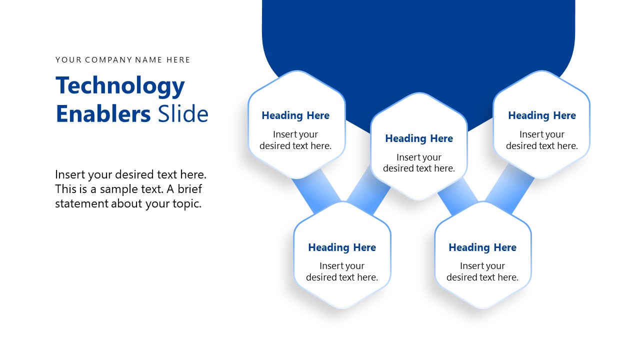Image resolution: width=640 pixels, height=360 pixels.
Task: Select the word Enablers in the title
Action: tap(103, 113)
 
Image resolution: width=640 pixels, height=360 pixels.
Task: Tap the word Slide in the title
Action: tap(183, 113)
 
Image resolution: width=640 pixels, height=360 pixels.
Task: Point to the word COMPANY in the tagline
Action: tap(108, 59)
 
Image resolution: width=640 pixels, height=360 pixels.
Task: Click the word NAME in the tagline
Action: tap(148, 59)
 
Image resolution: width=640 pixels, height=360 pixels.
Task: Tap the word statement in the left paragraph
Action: tap(81, 203)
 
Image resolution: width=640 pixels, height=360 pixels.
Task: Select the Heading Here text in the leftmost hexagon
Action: tap(295, 115)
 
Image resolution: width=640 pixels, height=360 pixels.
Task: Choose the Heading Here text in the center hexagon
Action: tap(419, 138)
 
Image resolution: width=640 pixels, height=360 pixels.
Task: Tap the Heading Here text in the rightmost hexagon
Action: tap(541, 115)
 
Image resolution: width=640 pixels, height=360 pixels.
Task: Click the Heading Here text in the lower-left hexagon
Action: tap(341, 247)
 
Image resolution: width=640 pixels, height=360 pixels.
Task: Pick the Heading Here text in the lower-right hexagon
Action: tap(482, 247)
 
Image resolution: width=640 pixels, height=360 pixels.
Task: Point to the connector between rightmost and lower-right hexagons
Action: tap(509, 189)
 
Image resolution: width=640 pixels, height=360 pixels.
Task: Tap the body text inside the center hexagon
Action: tap(419, 163)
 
